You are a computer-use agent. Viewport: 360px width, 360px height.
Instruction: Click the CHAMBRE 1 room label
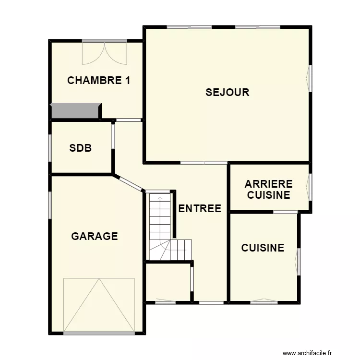pos(98,80)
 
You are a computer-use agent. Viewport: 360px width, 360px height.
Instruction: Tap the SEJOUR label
pos(228,92)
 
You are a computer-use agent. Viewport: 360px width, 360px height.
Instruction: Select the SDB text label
pos(80,148)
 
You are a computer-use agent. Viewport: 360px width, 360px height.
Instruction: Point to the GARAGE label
pos(95,236)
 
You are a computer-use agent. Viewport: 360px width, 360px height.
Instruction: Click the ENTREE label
pos(200,208)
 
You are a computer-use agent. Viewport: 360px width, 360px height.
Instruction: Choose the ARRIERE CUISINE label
pos(268,190)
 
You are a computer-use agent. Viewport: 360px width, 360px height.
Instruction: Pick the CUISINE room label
pos(263,248)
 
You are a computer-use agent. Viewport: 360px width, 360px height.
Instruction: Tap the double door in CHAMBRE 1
pos(104,52)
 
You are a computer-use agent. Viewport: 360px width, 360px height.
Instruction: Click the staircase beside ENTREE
pos(163,226)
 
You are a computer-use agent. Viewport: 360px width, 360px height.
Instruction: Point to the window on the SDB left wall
pos(50,147)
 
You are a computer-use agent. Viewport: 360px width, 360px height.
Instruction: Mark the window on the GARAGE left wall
pos(50,205)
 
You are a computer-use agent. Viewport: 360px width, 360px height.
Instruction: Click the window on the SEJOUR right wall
pos(310,77)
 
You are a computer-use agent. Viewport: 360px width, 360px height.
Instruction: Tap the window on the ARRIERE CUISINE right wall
pos(310,187)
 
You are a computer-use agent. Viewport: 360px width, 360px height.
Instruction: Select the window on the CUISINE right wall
pos(299,262)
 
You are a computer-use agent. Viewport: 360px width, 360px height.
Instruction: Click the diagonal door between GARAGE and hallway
pos(129,183)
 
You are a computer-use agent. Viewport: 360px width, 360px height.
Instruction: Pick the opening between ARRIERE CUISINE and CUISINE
pos(286,212)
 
